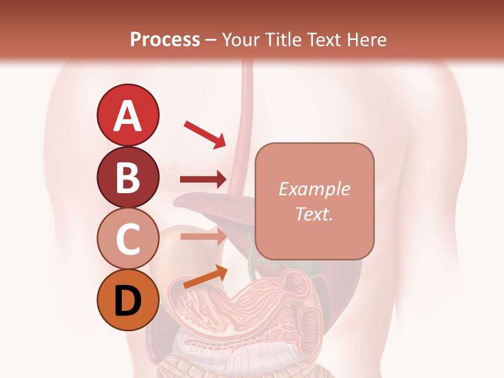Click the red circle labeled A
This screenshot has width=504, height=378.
coord(128,115)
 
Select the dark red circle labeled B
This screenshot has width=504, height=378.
coord(128,177)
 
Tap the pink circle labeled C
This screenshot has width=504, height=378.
coord(128,238)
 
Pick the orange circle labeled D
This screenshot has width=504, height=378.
coord(128,300)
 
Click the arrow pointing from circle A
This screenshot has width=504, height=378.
coord(205,134)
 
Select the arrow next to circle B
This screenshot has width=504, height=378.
coord(203,180)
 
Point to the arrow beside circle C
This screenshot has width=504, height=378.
coord(203,236)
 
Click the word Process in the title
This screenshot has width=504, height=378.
coord(165,39)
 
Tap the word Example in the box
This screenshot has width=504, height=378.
coord(314,189)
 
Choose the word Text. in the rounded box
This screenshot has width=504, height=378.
coord(314,214)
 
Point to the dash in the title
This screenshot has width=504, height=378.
coord(211,40)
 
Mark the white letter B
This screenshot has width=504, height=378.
coord(128,177)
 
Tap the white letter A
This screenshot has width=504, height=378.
coord(128,115)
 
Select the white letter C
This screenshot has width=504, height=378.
coord(128,239)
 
